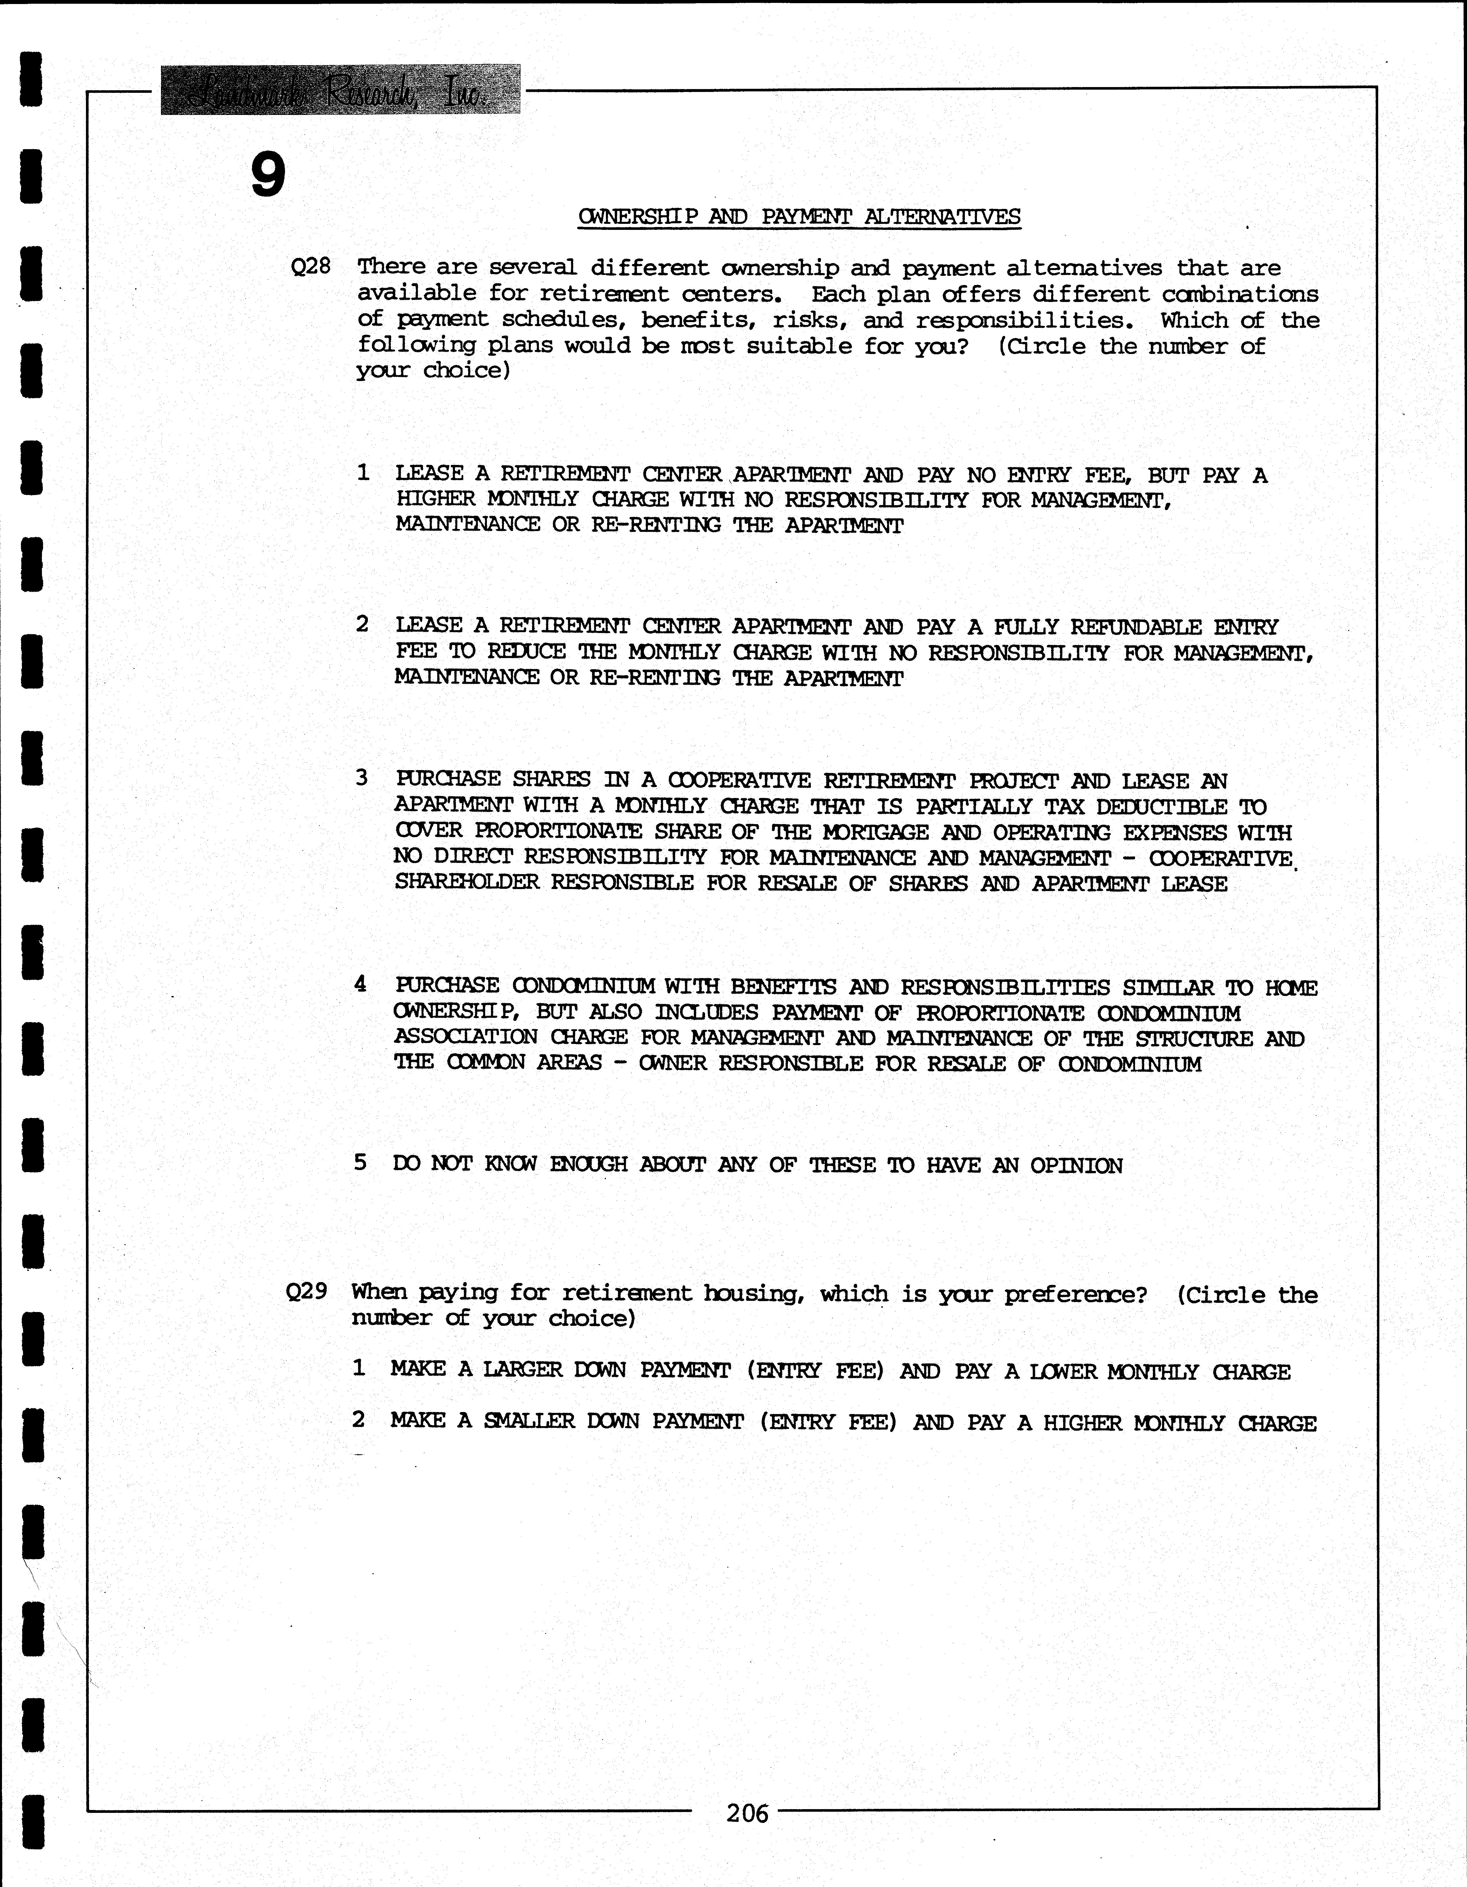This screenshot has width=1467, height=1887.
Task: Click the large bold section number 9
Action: tap(268, 175)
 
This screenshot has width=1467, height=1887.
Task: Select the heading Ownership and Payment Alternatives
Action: tap(799, 217)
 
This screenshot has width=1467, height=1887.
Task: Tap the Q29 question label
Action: tap(307, 1292)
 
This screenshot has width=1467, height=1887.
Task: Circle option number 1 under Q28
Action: tap(363, 473)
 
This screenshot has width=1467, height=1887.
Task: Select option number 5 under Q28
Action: tap(360, 1163)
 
